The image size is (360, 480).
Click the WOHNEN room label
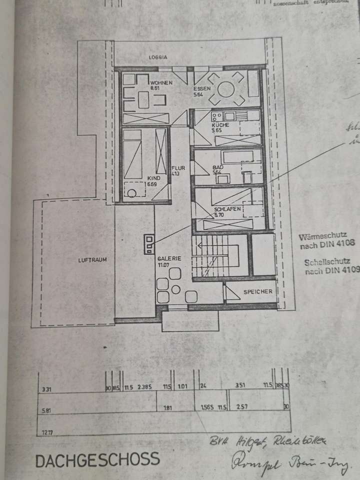161,82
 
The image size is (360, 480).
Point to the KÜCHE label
220,125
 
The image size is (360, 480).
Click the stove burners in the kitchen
217,116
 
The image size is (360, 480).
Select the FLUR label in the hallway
178,168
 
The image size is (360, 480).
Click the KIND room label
152,178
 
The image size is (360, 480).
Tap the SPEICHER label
258,291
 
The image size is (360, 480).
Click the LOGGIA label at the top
157,57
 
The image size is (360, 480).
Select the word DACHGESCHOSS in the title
97,459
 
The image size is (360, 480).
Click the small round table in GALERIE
175,289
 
